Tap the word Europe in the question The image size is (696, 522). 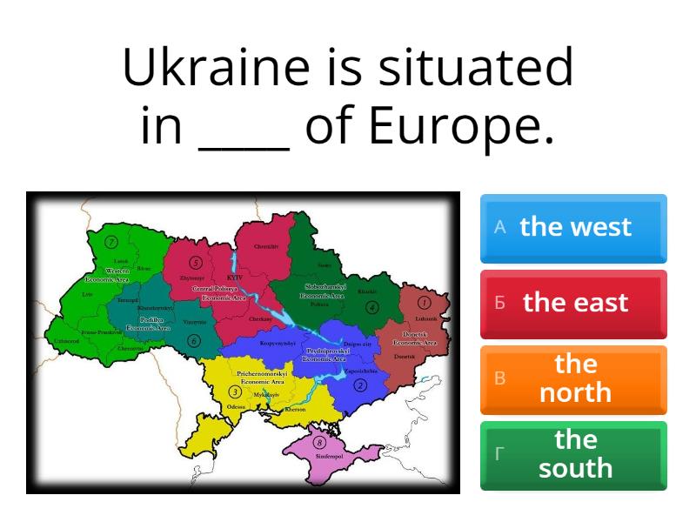click(461, 127)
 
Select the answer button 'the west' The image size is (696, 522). click(573, 228)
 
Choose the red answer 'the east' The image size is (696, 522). click(573, 304)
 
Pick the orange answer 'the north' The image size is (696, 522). click(573, 378)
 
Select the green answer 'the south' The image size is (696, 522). click(573, 454)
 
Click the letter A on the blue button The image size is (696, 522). click(499, 227)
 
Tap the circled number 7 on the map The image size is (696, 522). click(111, 242)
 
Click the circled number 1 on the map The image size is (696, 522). click(425, 303)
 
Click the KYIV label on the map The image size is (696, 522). click(233, 278)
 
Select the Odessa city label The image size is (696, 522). click(236, 406)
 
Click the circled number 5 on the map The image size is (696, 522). click(196, 262)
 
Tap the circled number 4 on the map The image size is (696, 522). click(371, 307)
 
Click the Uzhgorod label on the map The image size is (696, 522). click(67, 341)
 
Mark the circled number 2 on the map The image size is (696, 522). click(359, 385)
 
